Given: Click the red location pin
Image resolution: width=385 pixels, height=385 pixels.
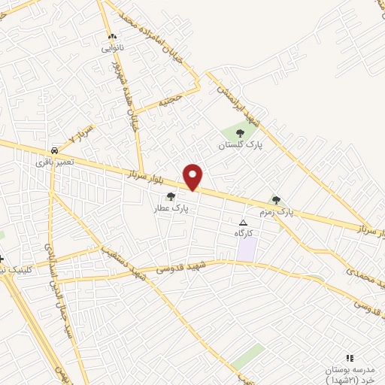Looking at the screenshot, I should [x=193, y=177].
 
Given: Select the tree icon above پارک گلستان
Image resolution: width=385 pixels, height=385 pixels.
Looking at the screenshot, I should [x=240, y=133].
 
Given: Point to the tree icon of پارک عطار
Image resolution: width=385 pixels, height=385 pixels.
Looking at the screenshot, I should [x=171, y=196].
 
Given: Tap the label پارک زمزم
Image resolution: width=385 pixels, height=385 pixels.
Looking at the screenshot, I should [x=275, y=212].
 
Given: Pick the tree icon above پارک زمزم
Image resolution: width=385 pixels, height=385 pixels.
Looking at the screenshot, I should [x=276, y=200].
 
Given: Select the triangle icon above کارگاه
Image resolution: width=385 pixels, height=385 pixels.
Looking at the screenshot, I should [x=243, y=223].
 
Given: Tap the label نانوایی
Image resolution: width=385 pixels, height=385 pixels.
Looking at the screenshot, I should [x=112, y=48].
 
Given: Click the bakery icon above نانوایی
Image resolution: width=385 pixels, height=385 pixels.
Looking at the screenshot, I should [x=112, y=37].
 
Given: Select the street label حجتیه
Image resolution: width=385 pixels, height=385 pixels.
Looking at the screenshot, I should [x=170, y=100].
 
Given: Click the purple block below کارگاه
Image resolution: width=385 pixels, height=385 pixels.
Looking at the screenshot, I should [x=246, y=250].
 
